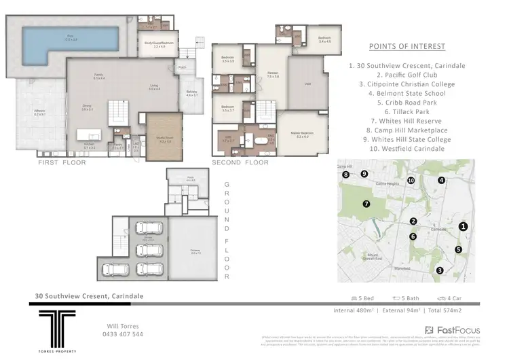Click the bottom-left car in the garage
point(115,270)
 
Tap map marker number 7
point(366,203)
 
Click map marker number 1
point(463,226)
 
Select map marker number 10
point(411,180)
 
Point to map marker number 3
point(440,270)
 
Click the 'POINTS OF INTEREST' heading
point(407,46)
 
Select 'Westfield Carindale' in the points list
point(407,148)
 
